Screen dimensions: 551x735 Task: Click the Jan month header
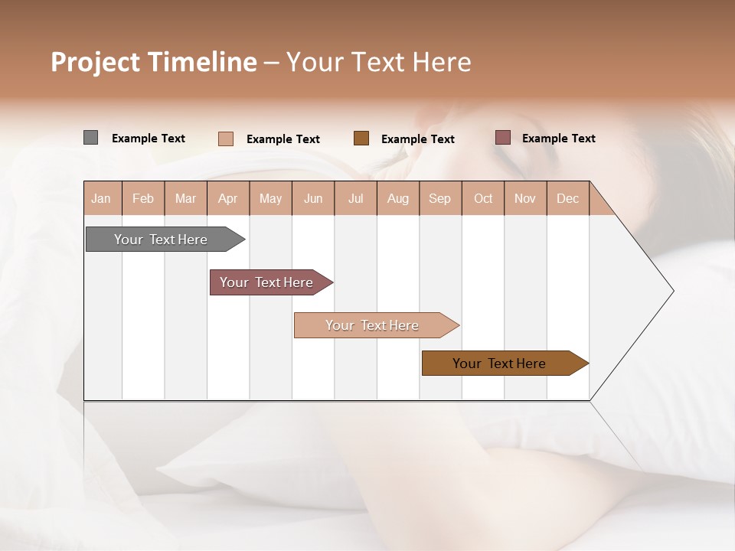102,198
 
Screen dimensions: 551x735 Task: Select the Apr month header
228,198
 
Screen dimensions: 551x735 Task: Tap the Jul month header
355,198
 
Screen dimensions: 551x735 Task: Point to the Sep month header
440,198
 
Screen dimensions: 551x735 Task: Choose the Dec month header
567,198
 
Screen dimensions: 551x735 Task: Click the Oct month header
483,198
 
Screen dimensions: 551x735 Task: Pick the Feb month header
143,198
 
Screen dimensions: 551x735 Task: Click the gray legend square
90,138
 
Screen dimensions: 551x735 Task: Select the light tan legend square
225,139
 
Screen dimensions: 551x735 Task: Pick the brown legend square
361,138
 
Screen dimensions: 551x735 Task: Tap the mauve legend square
502,138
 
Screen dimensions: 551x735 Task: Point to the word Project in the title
94,62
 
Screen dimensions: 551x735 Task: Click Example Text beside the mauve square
558,139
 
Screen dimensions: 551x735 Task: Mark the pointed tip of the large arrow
672,291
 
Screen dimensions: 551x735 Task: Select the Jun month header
313,198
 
